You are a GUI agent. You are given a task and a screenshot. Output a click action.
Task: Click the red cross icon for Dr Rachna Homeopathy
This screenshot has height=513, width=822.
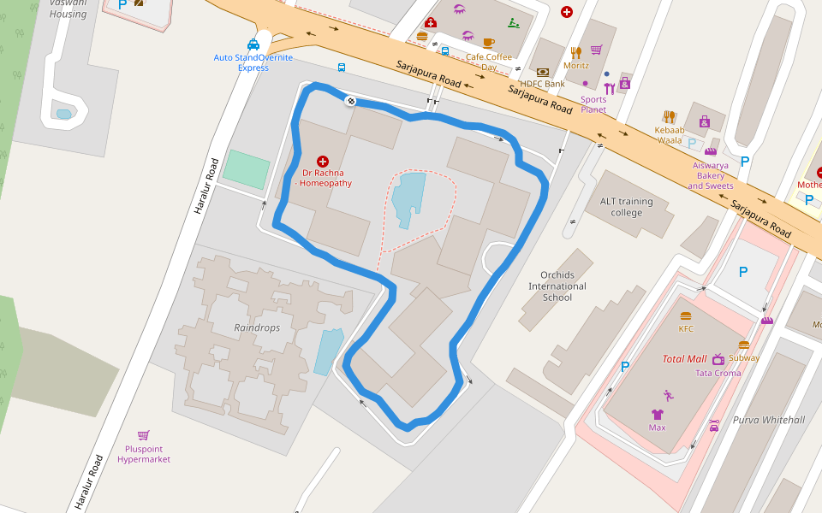tap(323, 161)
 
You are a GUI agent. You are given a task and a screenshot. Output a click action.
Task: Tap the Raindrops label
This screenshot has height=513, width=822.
tap(257, 327)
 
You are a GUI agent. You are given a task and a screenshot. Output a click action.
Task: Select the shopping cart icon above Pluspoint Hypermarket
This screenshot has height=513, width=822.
tap(143, 435)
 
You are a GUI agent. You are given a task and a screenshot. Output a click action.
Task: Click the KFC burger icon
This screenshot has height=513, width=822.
tap(686, 316)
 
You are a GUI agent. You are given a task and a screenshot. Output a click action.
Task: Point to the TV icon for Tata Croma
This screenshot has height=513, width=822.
tap(718, 359)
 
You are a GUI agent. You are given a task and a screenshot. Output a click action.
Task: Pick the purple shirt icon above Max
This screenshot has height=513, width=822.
tap(657, 414)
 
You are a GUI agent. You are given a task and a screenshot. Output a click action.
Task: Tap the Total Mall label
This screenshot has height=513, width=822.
tap(684, 359)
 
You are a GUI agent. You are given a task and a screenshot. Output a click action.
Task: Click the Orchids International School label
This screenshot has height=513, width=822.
tap(557, 286)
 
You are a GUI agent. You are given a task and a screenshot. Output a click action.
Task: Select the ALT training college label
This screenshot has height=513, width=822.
tap(626, 207)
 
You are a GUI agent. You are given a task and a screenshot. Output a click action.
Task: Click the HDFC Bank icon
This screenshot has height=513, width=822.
tap(542, 72)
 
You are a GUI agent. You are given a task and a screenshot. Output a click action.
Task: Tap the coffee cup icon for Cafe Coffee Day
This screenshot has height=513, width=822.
tap(488, 43)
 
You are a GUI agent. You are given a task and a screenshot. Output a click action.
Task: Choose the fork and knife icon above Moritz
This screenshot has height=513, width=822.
tap(575, 52)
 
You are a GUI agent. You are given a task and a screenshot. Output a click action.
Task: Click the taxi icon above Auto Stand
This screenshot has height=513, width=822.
tap(253, 44)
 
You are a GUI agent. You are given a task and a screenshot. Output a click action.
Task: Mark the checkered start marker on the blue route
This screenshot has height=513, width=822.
tap(350, 102)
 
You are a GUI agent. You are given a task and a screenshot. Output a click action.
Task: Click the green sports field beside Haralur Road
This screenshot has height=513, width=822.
tap(246, 169)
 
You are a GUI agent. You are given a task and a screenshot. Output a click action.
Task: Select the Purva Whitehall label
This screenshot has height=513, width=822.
tap(768, 420)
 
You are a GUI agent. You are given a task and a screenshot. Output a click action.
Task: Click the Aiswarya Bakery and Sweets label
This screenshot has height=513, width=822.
tap(710, 175)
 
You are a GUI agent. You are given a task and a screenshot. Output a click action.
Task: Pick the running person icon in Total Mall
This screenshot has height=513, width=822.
tap(668, 395)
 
